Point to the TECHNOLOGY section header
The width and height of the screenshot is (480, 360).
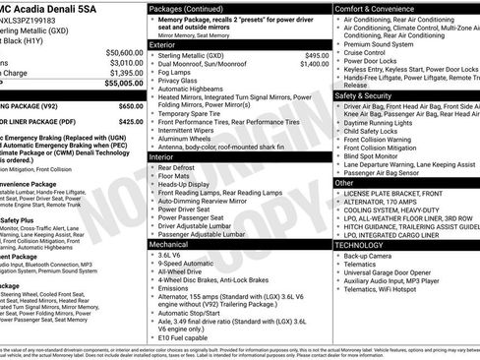[x=366, y=244]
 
